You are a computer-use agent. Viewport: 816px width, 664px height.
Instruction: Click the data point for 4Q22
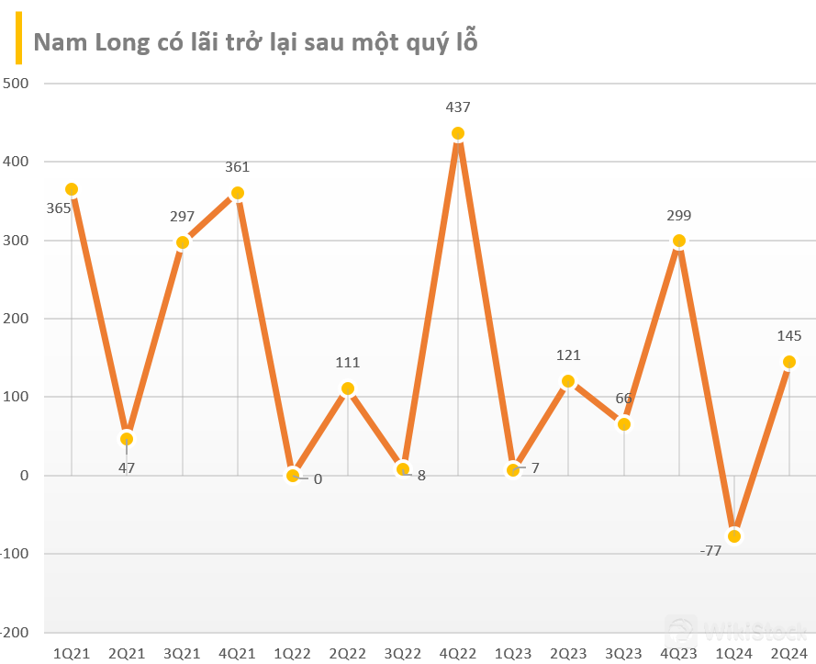[x=458, y=133]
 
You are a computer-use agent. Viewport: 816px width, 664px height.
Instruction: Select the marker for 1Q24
[x=734, y=536]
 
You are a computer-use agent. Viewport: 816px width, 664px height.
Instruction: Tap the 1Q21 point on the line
[x=72, y=189]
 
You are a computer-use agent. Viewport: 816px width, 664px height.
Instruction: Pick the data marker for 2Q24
[x=789, y=362]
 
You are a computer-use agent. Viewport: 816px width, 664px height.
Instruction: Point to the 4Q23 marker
[x=679, y=242]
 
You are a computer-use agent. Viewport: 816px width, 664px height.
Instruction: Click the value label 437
[x=458, y=107]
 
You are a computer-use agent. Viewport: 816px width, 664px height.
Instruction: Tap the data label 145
[x=789, y=336]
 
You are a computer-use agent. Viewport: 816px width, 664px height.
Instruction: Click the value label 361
[x=237, y=167]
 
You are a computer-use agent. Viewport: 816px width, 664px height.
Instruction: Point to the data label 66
[x=623, y=398]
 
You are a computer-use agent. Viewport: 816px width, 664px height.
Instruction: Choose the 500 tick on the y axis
[x=17, y=84]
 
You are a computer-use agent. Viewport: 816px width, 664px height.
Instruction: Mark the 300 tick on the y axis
[x=17, y=241]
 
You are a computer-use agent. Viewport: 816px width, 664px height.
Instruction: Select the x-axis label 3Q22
[x=403, y=653]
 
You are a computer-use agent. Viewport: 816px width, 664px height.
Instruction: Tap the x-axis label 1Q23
[x=513, y=653]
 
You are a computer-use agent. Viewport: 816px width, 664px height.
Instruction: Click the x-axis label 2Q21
[x=127, y=653]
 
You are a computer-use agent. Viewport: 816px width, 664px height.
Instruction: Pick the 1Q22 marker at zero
[x=293, y=476]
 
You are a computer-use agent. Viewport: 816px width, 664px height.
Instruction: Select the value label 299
[x=679, y=216]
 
